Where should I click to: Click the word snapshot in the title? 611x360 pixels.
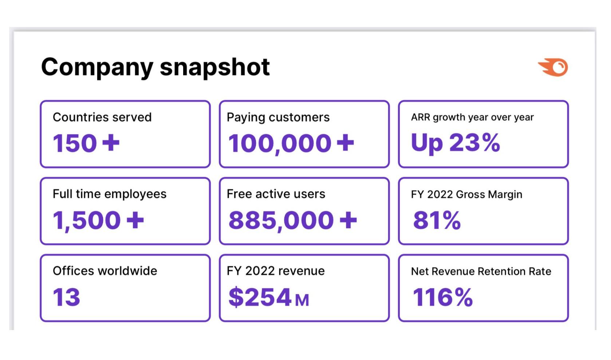[x=214, y=67]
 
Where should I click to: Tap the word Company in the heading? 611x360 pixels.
[x=97, y=67]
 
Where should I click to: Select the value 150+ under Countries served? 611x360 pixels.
[x=86, y=143]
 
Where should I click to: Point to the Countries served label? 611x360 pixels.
[x=102, y=117]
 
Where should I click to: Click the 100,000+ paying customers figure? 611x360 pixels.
[x=291, y=143]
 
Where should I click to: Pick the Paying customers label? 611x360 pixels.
[x=278, y=117]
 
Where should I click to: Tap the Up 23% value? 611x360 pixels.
[x=455, y=142]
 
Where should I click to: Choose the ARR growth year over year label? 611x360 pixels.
[x=472, y=117]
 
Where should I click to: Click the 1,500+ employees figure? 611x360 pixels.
[x=98, y=220]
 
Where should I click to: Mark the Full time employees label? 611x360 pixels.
[x=109, y=194]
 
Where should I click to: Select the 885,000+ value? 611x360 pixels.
[x=292, y=220]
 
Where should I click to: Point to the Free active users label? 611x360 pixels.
[x=276, y=194]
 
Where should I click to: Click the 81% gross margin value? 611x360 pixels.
[x=437, y=220]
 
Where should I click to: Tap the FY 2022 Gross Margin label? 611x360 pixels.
[x=466, y=195]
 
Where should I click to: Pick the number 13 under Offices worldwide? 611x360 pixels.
[x=66, y=297]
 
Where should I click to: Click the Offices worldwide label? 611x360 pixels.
[x=105, y=271]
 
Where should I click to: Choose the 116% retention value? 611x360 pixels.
[x=442, y=297]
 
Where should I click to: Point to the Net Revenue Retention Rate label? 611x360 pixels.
[x=481, y=271]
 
